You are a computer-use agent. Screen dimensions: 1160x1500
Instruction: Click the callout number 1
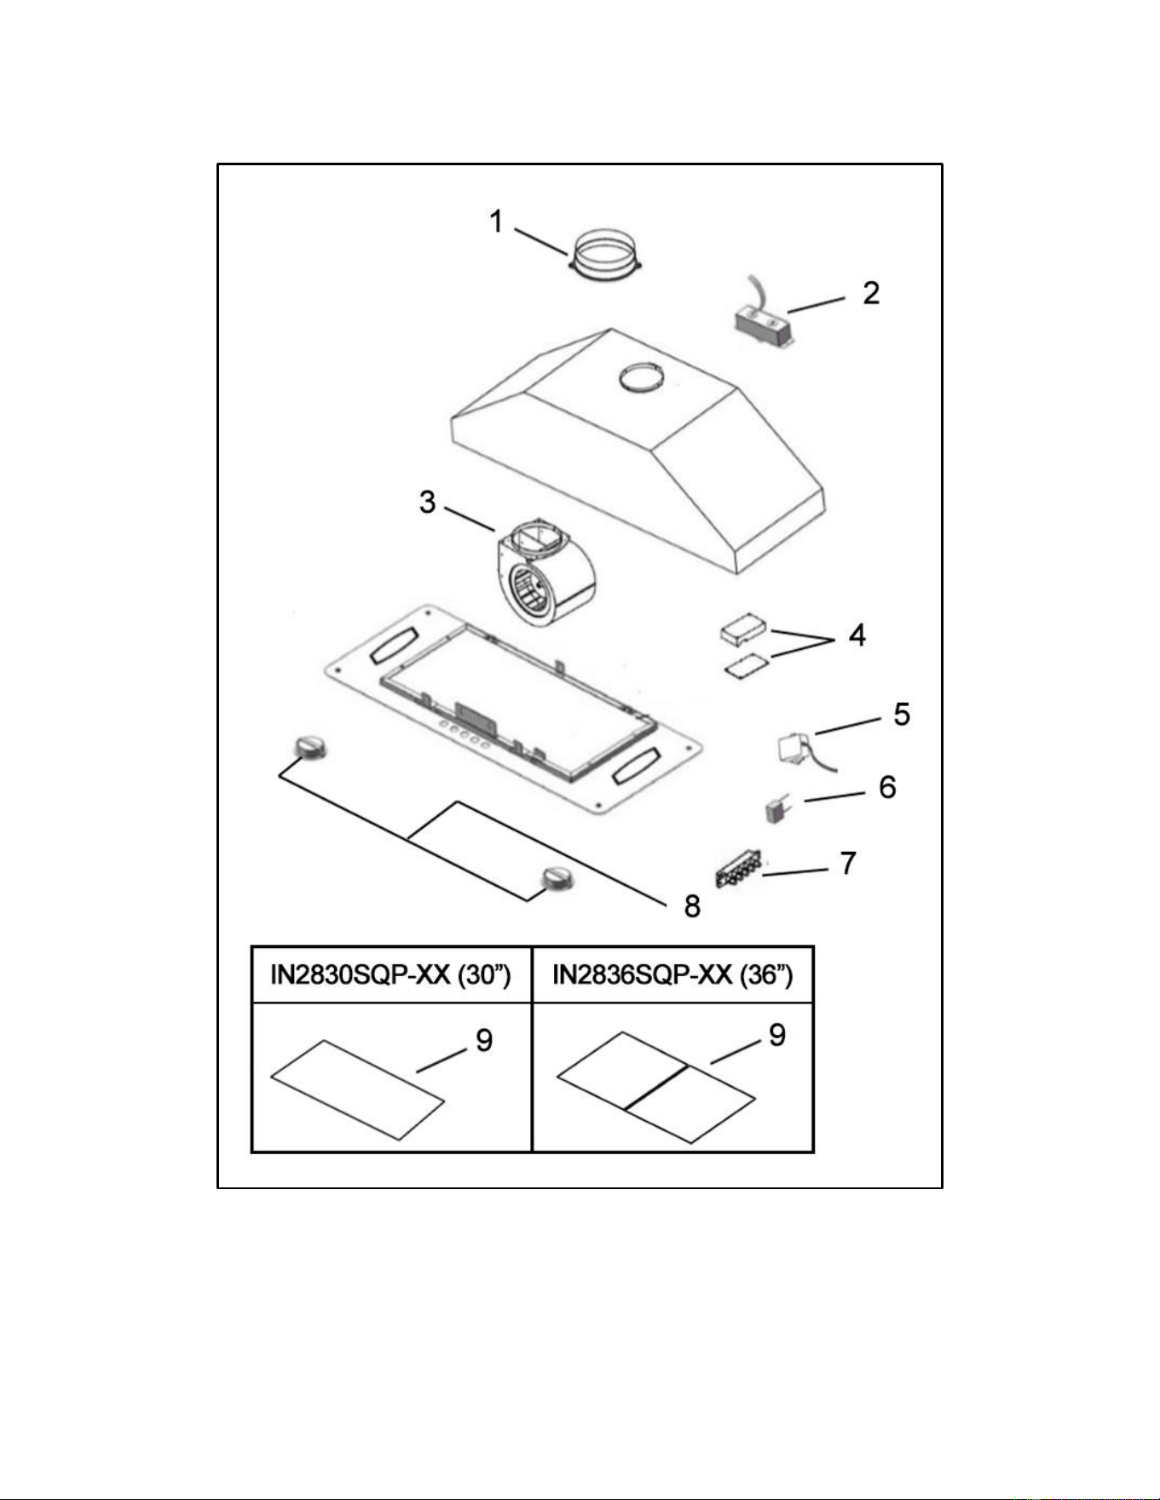click(x=496, y=222)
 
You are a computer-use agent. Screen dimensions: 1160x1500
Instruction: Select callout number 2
click(x=870, y=293)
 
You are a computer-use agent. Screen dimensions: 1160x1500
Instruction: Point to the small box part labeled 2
click(x=765, y=328)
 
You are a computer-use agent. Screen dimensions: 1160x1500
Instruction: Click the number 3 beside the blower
click(x=427, y=502)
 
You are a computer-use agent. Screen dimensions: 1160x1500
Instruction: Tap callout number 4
click(x=857, y=635)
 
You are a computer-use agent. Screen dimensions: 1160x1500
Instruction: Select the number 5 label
click(x=901, y=714)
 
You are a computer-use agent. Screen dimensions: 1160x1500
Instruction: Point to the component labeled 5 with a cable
click(x=798, y=750)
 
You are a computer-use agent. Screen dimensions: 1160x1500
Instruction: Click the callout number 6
click(x=887, y=786)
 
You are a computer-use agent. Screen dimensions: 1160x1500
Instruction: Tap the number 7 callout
click(x=847, y=863)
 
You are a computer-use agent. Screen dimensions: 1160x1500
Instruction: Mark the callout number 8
click(x=692, y=906)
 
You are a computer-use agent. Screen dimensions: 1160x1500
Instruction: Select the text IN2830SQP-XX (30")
click(x=390, y=974)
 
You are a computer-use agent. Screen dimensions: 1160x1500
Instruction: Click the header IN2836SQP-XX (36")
click(x=672, y=974)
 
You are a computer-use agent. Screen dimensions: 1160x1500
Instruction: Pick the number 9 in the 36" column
click(x=776, y=1034)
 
